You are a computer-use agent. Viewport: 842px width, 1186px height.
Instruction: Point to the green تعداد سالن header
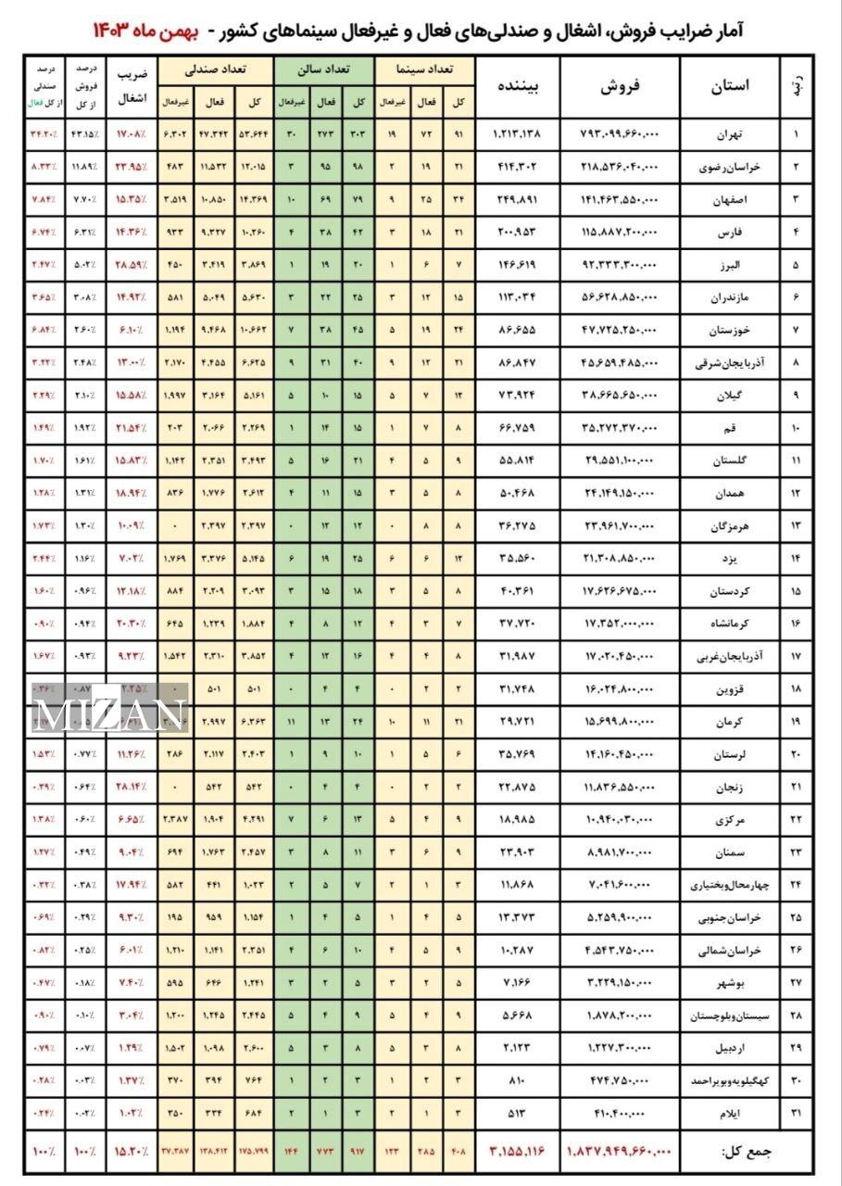(x=323, y=69)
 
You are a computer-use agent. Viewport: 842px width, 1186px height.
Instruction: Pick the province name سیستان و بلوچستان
(x=727, y=1016)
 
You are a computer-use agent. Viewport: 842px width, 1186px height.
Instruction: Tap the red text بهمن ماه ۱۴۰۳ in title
(x=149, y=32)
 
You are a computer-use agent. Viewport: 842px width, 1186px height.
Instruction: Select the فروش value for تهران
(x=622, y=134)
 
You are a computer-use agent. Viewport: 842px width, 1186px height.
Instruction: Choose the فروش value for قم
(x=621, y=428)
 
